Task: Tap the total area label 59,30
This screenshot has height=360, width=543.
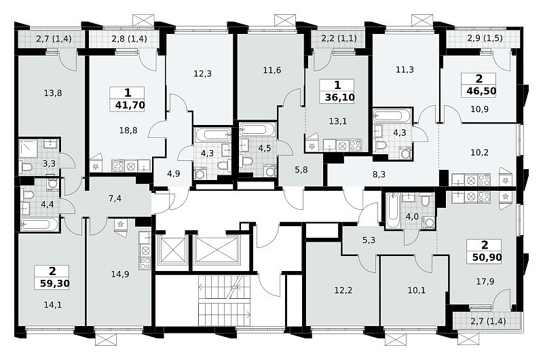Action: click(54, 284)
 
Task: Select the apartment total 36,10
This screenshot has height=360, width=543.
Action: click(340, 98)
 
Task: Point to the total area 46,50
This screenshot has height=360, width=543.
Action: click(481, 91)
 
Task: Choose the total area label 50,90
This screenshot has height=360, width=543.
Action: click(487, 257)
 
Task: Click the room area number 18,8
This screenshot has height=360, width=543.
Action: click(128, 130)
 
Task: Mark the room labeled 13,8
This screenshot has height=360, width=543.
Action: click(53, 93)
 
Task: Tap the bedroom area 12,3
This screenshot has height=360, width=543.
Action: click(202, 74)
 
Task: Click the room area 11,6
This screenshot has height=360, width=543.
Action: click(272, 71)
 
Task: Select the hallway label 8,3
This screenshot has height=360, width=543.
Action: click(379, 175)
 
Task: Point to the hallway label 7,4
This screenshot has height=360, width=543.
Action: click(115, 198)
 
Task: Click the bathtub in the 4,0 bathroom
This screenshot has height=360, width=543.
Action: click(393, 211)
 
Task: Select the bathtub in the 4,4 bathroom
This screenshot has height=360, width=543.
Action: click(39, 225)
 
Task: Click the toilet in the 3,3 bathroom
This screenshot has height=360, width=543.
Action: click(26, 167)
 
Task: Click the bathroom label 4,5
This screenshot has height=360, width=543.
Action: click(265, 148)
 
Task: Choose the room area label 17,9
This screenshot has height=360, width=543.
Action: click(485, 282)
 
